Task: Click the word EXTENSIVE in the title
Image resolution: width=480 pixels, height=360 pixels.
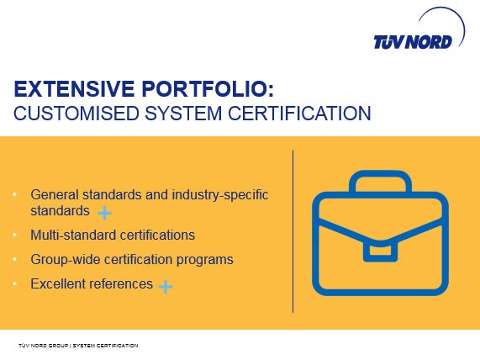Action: [x=74, y=89]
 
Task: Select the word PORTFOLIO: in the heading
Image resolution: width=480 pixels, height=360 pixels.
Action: [x=208, y=89]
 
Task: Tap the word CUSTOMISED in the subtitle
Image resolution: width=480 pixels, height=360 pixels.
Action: [x=76, y=113]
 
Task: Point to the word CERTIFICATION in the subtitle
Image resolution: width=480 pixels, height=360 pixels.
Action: [x=299, y=113]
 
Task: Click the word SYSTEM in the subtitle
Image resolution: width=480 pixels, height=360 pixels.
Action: [x=183, y=113]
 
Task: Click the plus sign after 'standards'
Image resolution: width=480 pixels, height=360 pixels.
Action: [x=105, y=213]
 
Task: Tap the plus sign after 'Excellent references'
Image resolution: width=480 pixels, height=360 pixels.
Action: [x=166, y=287]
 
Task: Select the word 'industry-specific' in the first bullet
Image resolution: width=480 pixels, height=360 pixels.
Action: [x=219, y=195]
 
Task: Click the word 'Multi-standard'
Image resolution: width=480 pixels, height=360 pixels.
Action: [x=73, y=235]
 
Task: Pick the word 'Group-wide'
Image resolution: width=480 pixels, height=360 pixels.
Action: [x=66, y=260]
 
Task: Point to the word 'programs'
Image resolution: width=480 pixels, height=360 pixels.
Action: [x=204, y=261]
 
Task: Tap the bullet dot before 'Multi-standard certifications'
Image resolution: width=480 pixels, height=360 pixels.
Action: [x=14, y=235]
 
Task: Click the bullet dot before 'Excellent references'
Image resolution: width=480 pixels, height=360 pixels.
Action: [x=14, y=283]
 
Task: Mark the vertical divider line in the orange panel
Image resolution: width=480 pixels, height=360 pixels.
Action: [x=293, y=231]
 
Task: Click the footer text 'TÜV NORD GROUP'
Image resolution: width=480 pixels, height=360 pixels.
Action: [x=43, y=346]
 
